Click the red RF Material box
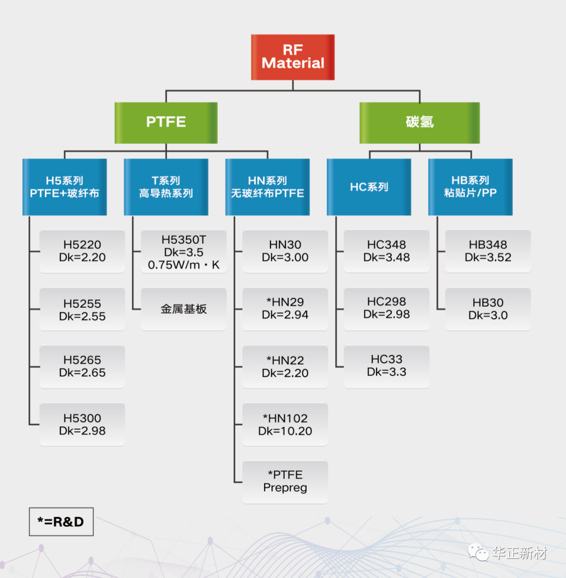coord(292,57)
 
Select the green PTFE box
coord(166,123)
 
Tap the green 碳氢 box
coord(419,123)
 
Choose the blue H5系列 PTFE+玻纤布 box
coord(64,187)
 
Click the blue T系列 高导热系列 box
coord(166,187)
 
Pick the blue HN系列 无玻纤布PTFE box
coord(267,187)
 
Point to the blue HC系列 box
coord(369,187)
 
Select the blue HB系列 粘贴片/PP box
coord(470,187)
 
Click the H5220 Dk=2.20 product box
coord(82,251)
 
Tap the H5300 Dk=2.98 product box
coord(82,425)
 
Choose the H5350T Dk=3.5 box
coord(183,252)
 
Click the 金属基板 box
coord(183,309)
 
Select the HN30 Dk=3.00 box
coord(285,251)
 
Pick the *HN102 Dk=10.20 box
coord(285,425)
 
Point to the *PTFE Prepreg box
coord(285,482)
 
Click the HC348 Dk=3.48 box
coord(386,251)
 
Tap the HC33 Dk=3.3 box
coord(386,366)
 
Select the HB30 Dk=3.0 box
coord(488,309)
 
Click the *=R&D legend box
coord(61,521)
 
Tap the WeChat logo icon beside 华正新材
coord(478,552)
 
